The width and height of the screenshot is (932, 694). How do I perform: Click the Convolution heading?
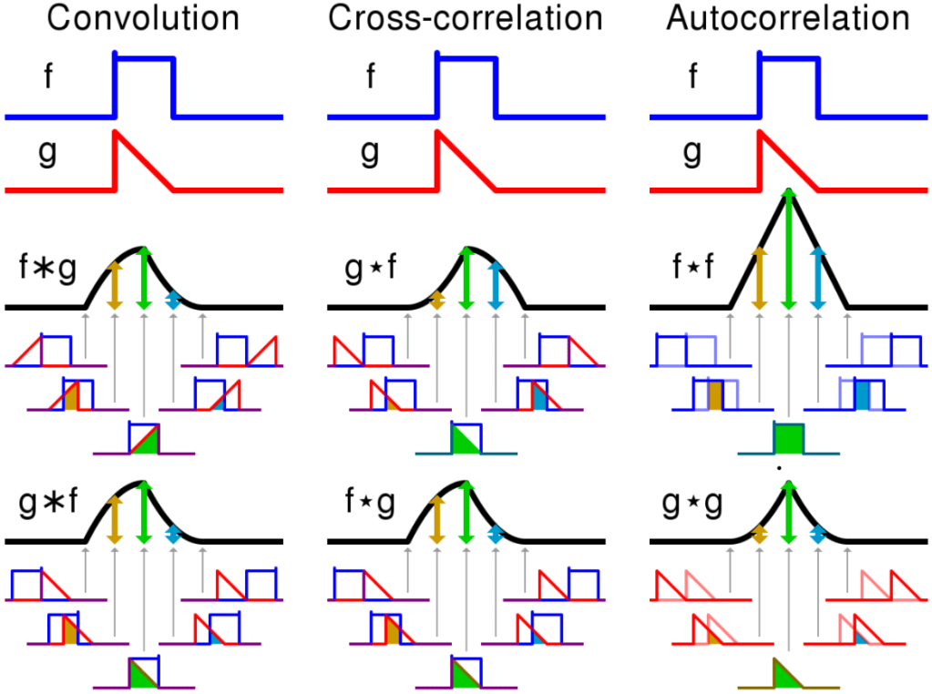tap(143, 19)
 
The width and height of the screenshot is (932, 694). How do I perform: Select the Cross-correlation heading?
tap(465, 19)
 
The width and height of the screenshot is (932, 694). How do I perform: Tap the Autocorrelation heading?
tap(788, 19)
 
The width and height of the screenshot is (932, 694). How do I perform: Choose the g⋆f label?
tap(369, 270)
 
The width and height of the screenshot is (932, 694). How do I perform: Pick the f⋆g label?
tap(369, 505)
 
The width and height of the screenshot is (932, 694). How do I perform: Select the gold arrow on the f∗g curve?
tap(114, 285)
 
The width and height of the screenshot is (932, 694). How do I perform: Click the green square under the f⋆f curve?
tap(788, 438)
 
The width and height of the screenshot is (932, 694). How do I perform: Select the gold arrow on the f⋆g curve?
tap(436, 519)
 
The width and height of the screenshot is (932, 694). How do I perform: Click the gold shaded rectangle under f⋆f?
tap(714, 395)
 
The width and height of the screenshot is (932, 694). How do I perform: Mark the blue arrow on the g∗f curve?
tap(173, 534)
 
